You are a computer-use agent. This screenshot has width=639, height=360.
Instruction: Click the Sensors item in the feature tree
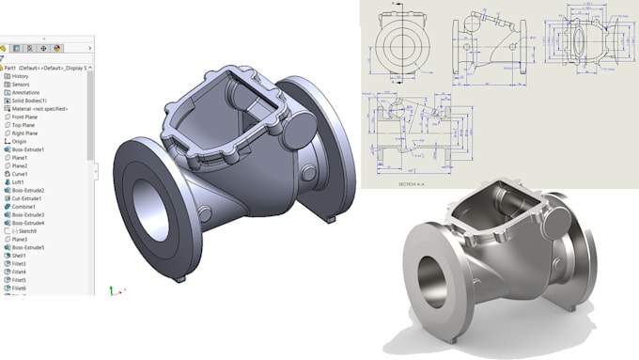(x=22, y=85)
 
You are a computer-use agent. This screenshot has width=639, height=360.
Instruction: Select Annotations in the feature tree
(x=25, y=93)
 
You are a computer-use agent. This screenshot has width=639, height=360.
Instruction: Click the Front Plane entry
(x=25, y=117)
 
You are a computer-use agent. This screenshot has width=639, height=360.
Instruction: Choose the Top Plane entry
(x=23, y=125)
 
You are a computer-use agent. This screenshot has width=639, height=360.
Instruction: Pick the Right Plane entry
(x=25, y=133)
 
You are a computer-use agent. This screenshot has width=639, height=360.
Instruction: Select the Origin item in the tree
(x=19, y=142)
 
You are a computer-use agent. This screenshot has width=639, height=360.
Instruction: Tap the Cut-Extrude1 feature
(x=27, y=198)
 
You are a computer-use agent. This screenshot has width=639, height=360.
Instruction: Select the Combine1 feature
(x=24, y=207)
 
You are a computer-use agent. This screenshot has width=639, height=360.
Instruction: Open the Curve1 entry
(x=20, y=174)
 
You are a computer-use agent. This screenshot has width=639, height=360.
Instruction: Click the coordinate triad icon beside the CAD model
(x=113, y=290)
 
